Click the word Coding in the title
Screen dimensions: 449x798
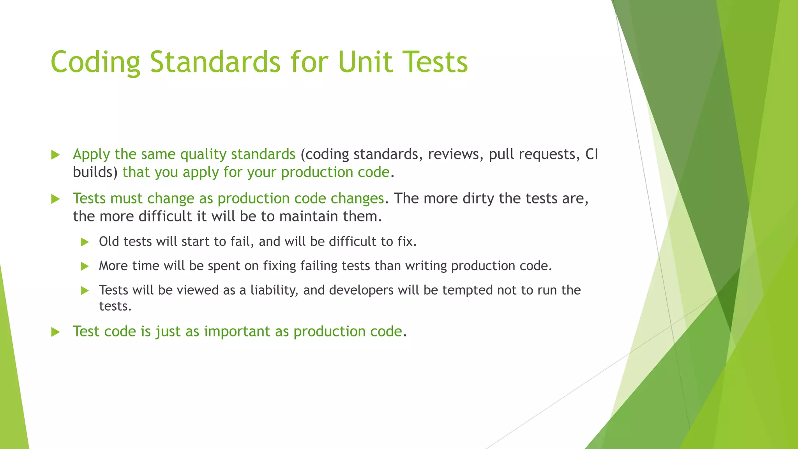click(95, 62)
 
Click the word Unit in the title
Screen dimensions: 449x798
click(366, 62)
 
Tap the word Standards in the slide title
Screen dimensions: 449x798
click(215, 62)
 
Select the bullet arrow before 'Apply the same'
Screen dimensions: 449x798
click(55, 155)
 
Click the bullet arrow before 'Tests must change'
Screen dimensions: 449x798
click(55, 199)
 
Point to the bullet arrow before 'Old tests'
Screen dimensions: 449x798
click(85, 242)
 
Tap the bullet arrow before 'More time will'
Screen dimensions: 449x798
click(85, 267)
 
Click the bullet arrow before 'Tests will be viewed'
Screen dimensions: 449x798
click(85, 291)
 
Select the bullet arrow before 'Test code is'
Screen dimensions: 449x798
click(55, 332)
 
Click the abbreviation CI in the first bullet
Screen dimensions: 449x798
click(591, 154)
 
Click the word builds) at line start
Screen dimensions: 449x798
click(95, 172)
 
